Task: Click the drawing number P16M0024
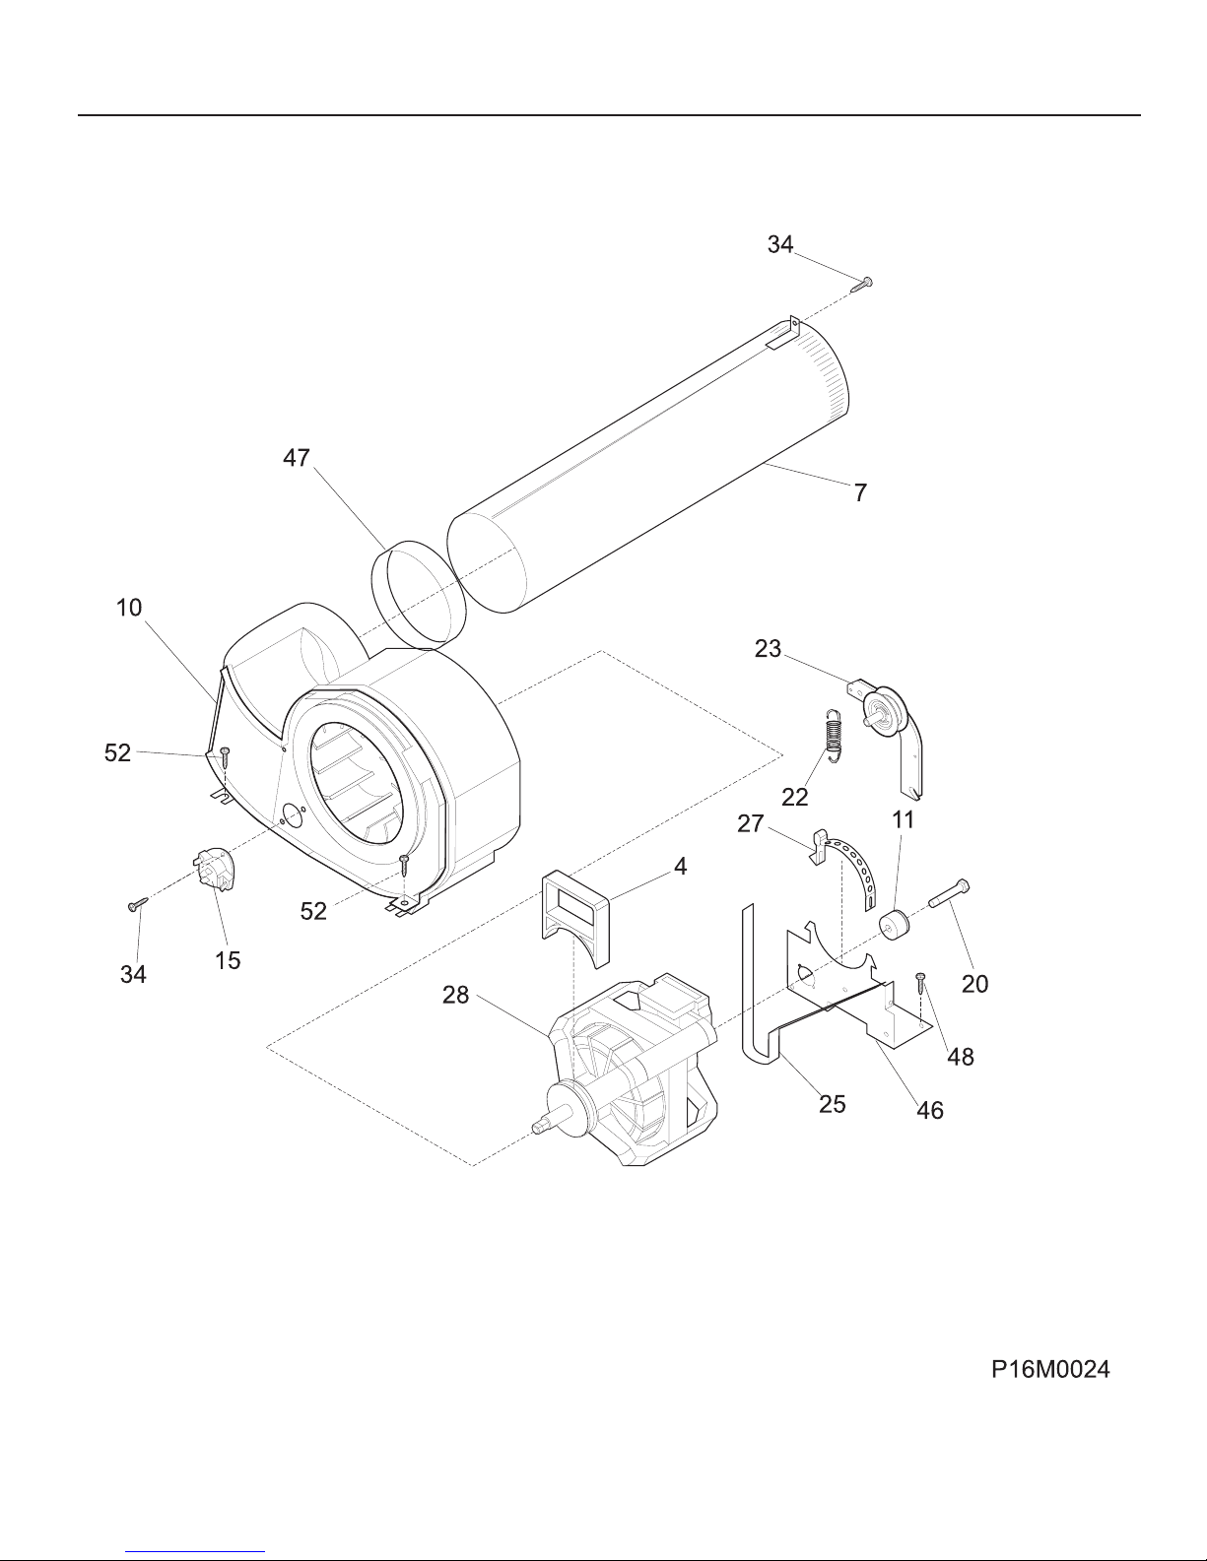(1050, 1369)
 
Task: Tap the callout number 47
(296, 458)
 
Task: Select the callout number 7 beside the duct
(860, 492)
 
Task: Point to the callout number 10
(129, 608)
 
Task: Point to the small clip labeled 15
(215, 870)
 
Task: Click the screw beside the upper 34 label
(861, 285)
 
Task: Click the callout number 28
(455, 995)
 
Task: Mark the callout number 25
(832, 1104)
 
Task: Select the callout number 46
(930, 1111)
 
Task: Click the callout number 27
(750, 823)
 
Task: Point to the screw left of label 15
(137, 904)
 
